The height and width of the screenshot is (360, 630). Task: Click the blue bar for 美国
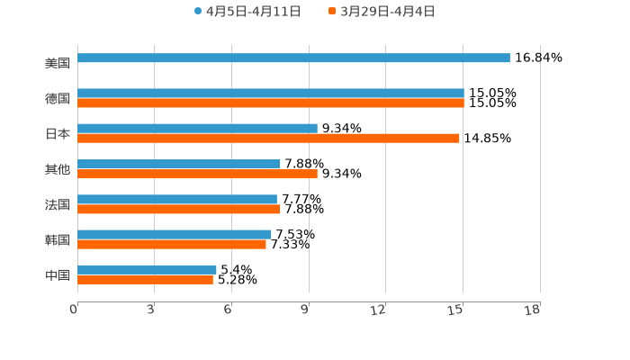[293, 58]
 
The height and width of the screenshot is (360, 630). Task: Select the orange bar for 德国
[270, 103]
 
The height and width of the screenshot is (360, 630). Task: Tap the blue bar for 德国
[270, 93]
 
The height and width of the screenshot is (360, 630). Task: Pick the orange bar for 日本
[268, 139]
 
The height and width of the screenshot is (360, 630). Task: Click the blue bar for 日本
[197, 128]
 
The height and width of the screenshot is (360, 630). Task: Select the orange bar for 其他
[197, 174]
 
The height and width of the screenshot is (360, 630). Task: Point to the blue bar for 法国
[177, 199]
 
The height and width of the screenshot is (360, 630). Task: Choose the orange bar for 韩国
[172, 244]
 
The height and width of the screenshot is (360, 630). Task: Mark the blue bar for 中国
[147, 269]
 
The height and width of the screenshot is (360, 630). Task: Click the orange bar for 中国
[145, 279]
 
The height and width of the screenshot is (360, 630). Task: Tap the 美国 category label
[58, 63]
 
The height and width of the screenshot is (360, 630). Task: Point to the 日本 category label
[58, 133]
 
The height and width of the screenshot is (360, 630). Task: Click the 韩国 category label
[58, 239]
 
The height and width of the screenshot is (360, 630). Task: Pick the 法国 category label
[58, 204]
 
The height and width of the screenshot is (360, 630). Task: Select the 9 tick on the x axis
[306, 310]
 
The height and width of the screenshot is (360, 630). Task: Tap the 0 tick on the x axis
[75, 310]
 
